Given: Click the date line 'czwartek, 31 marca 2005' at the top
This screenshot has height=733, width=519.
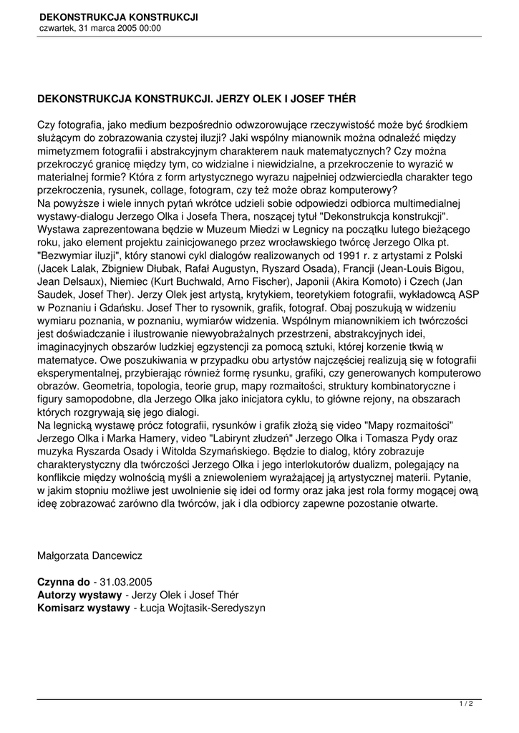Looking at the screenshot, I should (100, 29).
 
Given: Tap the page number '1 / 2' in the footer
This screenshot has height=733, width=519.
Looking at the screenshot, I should (466, 704).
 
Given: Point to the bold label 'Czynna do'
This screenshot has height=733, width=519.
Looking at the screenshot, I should (64, 582).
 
